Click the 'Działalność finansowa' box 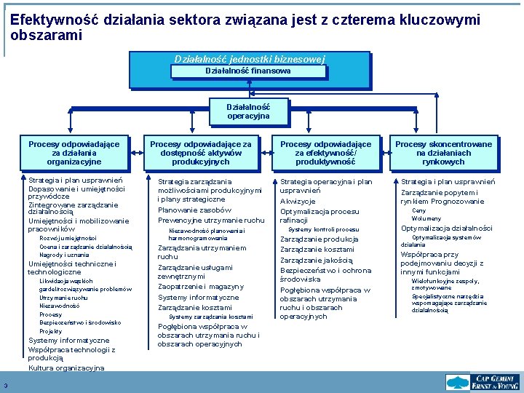[x=248, y=71]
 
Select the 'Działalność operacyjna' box [x=248, y=111]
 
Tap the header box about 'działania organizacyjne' [x=74, y=153]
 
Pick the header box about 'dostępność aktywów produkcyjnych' [x=200, y=153]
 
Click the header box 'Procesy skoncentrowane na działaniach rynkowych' [x=443, y=153]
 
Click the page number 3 [x=5, y=386]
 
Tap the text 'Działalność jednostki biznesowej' [x=249, y=59]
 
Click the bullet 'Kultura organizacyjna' [x=66, y=368]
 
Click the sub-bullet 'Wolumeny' [x=426, y=218]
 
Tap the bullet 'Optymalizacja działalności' [x=446, y=228]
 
